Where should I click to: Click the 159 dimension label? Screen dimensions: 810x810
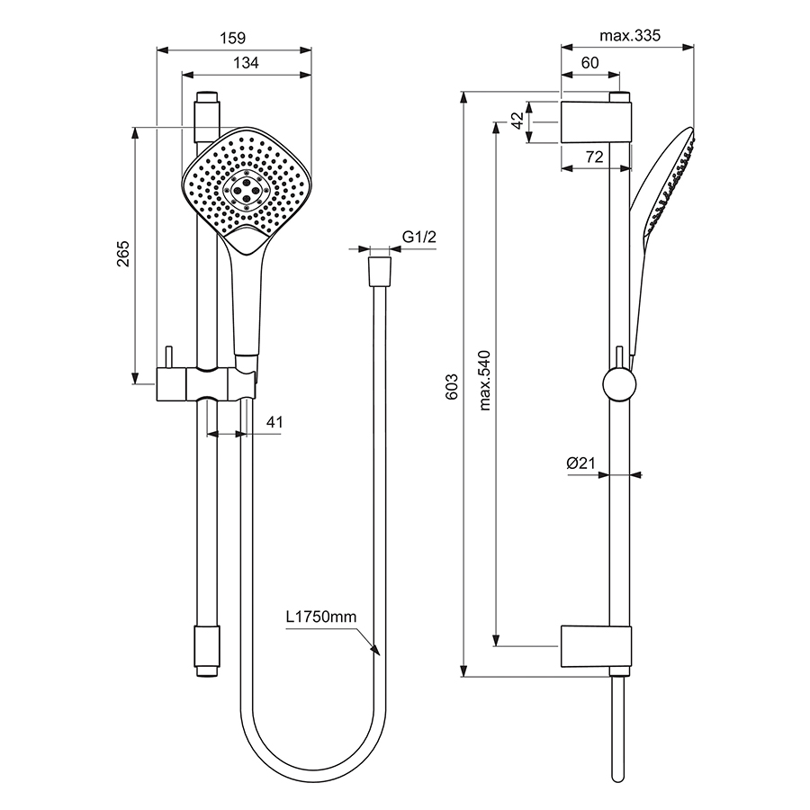click(233, 38)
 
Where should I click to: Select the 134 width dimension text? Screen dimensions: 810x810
click(247, 63)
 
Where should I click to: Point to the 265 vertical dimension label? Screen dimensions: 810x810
click(123, 255)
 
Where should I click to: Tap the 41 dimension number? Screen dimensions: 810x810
click(276, 421)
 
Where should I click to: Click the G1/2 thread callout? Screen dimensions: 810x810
click(418, 237)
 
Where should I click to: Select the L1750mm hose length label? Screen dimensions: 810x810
click(321, 616)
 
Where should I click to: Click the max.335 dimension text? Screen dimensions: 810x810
click(630, 36)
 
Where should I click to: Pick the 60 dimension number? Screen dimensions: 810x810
click(589, 63)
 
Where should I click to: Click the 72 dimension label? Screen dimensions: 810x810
click(594, 157)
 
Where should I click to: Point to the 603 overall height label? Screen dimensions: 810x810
click(453, 385)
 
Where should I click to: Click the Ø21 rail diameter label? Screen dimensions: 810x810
click(582, 463)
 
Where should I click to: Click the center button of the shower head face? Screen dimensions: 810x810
click(246, 190)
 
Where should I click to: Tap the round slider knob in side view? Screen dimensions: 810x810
click(619, 384)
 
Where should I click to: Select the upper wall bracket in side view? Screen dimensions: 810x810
click(596, 121)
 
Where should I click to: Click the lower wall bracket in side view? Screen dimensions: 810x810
click(596, 646)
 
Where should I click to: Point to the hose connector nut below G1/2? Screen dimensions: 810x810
click(379, 269)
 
